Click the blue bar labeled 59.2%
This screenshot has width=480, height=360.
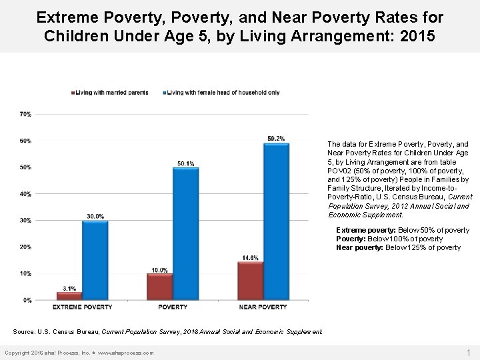(276, 221)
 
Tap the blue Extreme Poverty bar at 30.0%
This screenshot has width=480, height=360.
(95, 260)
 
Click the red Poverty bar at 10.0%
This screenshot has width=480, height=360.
(160, 287)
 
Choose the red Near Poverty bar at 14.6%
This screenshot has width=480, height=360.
(251, 281)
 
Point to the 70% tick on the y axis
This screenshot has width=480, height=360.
(25, 114)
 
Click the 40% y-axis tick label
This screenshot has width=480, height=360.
(25, 194)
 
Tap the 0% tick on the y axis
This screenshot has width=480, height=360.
(27, 300)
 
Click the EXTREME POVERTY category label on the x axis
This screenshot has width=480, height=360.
(83, 307)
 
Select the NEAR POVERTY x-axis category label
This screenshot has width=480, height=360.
(263, 307)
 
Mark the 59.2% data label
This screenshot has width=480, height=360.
(276, 138)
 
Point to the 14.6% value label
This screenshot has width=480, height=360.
(251, 257)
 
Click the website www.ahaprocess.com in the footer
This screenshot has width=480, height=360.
(126, 353)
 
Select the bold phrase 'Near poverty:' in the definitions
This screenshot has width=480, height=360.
(354, 247)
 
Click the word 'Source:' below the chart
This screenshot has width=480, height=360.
(24, 331)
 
